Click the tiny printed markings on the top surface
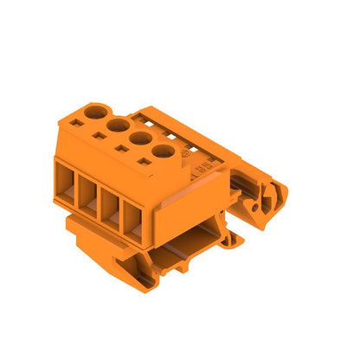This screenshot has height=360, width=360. pyautogui.click(x=201, y=164)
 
